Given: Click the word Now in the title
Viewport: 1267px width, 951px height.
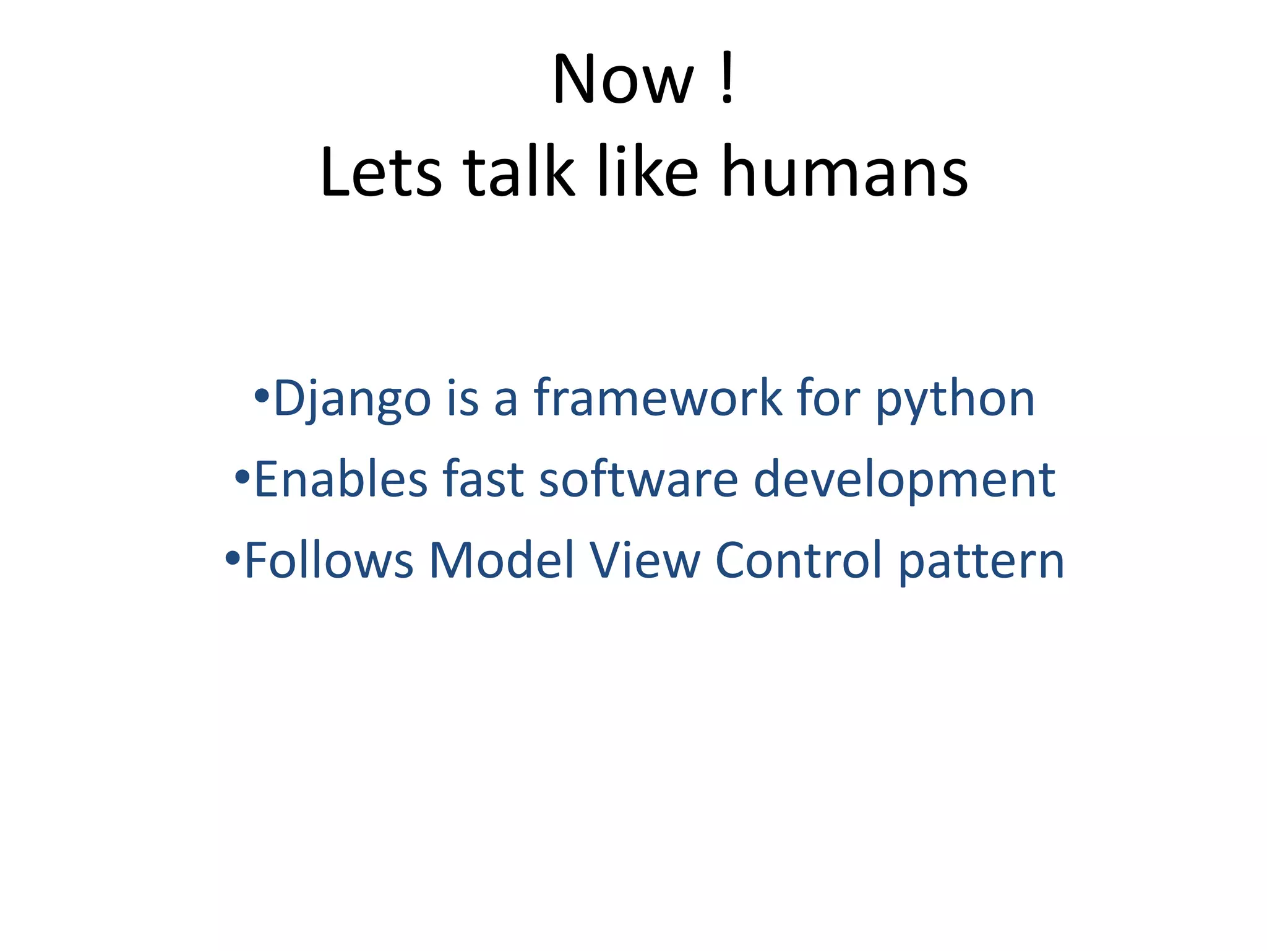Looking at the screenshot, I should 623,80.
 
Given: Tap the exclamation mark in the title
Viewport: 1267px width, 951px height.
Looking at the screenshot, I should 728,79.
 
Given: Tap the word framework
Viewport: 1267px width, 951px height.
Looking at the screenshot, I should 658,398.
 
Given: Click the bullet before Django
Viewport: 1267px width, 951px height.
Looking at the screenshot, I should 262,395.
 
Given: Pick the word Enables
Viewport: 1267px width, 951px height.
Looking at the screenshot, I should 341,479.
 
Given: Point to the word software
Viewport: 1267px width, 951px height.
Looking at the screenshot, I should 638,479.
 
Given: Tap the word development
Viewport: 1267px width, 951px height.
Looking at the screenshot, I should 904,480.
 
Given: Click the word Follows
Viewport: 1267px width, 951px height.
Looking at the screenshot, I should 329,560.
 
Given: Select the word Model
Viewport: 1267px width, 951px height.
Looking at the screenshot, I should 502,560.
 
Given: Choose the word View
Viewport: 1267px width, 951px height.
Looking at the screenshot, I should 645,560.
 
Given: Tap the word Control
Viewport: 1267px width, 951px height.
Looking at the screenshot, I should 798,560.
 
